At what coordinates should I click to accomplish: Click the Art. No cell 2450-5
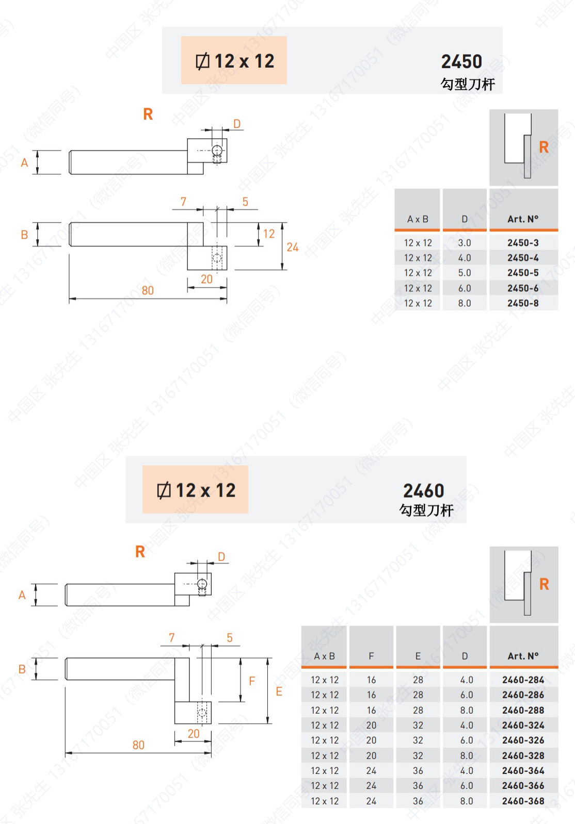click(523, 273)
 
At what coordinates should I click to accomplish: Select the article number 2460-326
click(523, 740)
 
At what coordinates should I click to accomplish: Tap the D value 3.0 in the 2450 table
click(464, 243)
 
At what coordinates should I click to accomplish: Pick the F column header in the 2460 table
click(371, 656)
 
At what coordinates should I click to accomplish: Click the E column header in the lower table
click(418, 656)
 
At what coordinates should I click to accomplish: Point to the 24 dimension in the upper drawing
click(292, 247)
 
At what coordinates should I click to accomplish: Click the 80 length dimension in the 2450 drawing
click(148, 291)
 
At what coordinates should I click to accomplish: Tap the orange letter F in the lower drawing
click(252, 681)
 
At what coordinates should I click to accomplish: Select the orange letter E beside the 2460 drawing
click(279, 691)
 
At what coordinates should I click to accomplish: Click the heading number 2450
click(461, 61)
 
